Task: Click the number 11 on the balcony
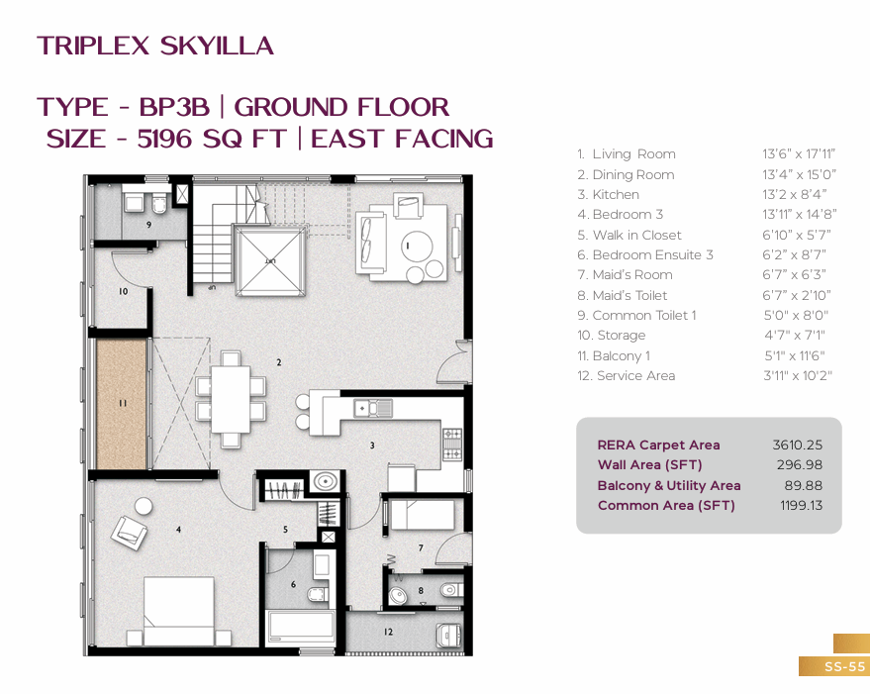tap(123, 403)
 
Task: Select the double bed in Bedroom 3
tap(179, 611)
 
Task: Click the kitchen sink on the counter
tap(373, 409)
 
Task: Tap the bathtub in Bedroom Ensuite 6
tap(301, 629)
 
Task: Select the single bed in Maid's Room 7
tap(423, 515)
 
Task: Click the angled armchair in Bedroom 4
tap(130, 533)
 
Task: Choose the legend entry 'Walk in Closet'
tap(629, 235)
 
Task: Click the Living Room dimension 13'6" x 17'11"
tap(799, 153)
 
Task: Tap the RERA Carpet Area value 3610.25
tap(798, 445)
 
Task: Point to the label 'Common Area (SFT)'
tap(666, 505)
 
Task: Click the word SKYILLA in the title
tap(217, 46)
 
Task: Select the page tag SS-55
tap(844, 666)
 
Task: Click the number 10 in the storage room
tap(123, 291)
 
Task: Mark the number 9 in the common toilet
tap(148, 225)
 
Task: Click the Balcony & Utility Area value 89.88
tap(803, 485)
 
